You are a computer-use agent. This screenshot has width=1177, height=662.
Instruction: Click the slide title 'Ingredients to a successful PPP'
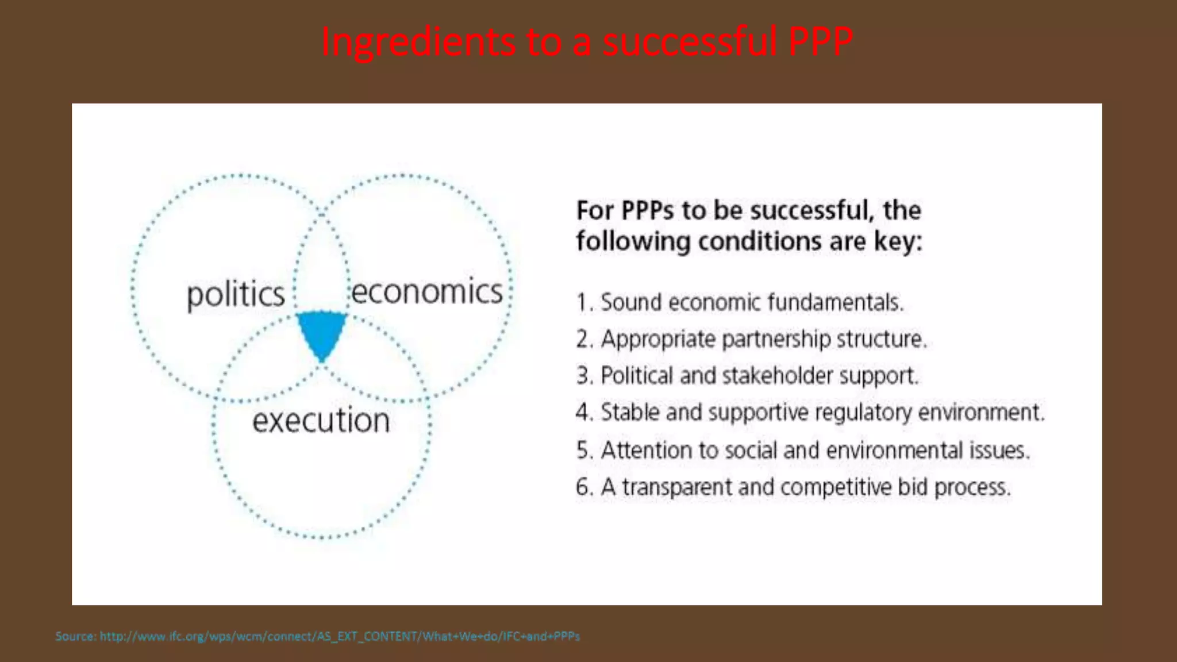587,41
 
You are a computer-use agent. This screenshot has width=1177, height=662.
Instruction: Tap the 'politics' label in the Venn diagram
236,294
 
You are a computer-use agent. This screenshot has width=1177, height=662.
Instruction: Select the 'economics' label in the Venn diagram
426,291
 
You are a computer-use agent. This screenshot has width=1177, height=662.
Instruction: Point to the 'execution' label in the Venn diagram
321,420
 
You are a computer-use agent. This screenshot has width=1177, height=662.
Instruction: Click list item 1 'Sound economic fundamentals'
740,302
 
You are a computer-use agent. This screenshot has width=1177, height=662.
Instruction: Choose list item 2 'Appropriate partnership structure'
752,339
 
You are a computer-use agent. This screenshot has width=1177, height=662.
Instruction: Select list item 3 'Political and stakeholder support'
747,376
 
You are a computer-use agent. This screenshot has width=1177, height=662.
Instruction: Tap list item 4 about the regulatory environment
810,413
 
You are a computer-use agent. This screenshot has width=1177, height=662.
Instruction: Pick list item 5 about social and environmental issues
803,450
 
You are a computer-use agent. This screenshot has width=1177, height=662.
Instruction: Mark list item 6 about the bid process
793,487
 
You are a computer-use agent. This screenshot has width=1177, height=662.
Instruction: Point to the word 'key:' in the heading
898,241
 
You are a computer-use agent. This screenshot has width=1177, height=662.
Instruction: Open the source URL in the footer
340,636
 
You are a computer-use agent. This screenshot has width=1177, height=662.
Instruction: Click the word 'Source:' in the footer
75,636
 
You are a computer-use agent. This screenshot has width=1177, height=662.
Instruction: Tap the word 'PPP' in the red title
820,41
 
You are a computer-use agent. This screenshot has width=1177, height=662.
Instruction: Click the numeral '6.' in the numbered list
584,487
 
